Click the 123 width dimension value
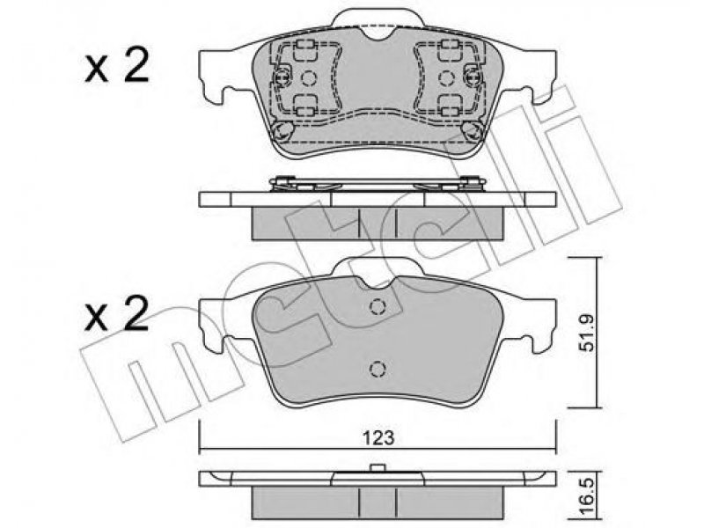379,436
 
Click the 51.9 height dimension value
587,333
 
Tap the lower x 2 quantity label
117,314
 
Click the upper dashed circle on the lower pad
378,306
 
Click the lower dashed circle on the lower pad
378,369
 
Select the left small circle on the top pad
309,78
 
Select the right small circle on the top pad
446,78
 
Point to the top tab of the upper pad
378,17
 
